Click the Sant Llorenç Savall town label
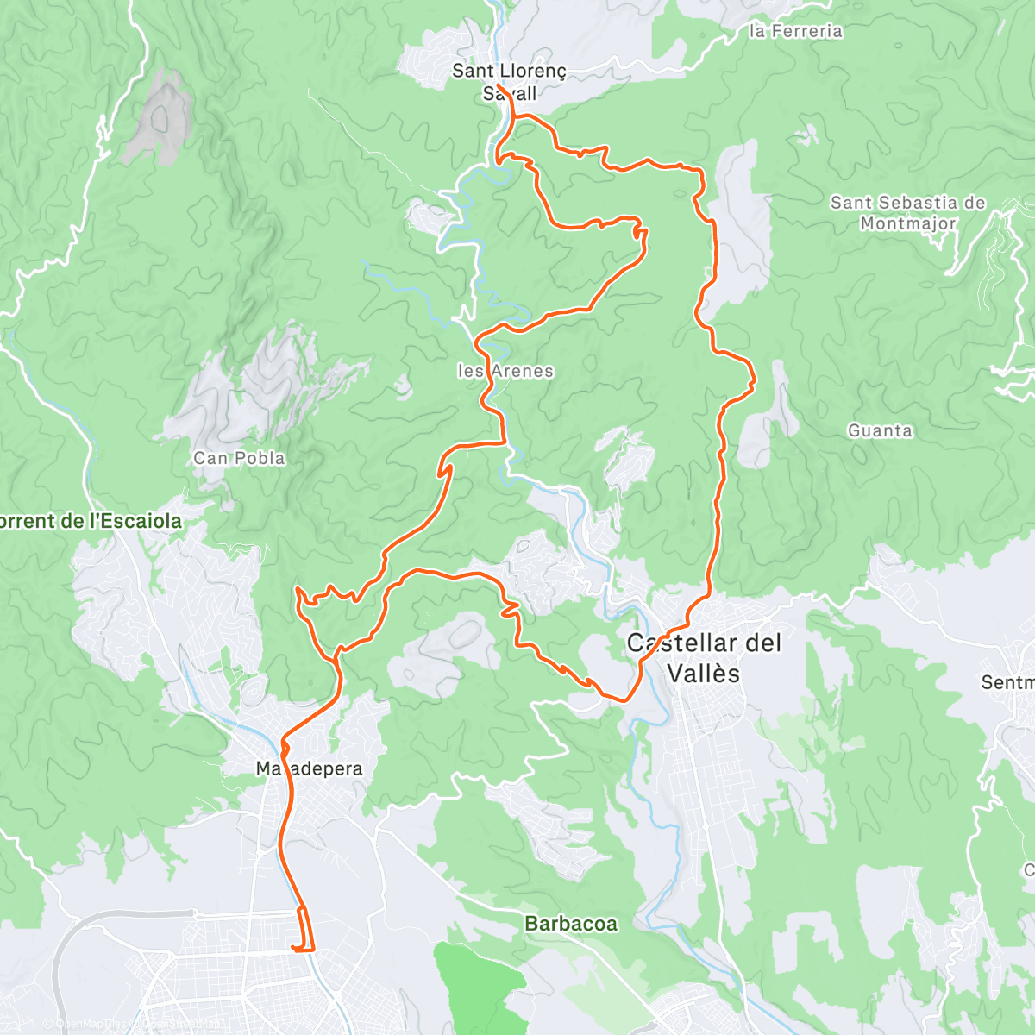click(509, 82)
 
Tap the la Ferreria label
click(795, 31)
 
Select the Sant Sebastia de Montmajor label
click(907, 213)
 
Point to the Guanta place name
click(880, 430)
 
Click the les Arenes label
click(505, 371)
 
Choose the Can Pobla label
click(239, 458)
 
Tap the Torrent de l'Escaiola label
click(91, 521)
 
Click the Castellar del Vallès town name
click(704, 657)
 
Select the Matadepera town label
click(310, 768)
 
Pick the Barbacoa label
click(571, 924)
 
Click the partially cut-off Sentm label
click(1007, 682)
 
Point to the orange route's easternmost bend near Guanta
click(754, 378)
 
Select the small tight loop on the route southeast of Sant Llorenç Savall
click(640, 230)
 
